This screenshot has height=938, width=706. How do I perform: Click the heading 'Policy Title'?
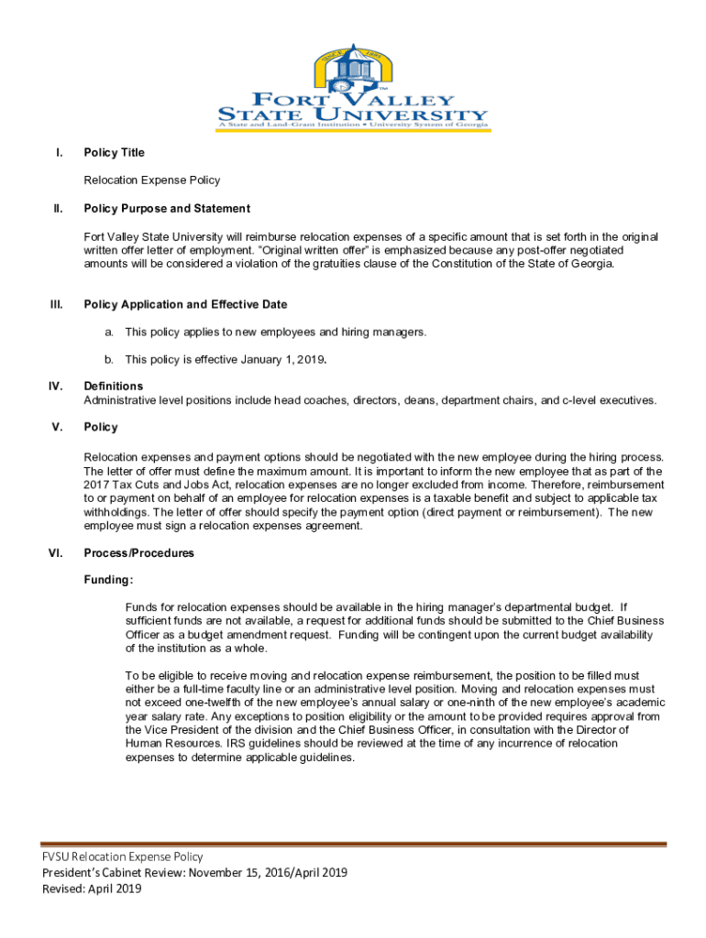[114, 153]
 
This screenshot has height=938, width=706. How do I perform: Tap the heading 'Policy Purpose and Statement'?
[166, 209]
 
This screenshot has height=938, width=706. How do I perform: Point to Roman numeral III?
[55, 304]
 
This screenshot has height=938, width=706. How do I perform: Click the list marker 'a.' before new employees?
[108, 332]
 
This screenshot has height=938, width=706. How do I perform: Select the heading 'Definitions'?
[113, 387]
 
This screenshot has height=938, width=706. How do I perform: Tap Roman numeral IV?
[55, 387]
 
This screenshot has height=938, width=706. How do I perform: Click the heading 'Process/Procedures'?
[138, 553]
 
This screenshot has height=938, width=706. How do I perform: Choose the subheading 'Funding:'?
[108, 580]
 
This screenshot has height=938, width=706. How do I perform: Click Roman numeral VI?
[55, 553]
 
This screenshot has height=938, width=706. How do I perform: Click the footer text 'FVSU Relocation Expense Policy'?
[122, 856]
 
